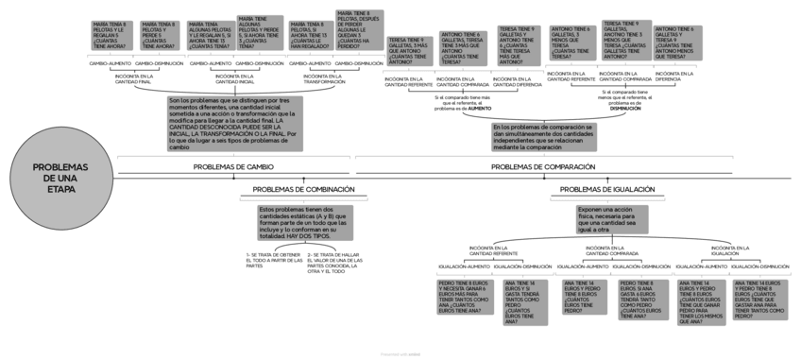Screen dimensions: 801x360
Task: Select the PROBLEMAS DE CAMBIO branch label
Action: pos(233,167)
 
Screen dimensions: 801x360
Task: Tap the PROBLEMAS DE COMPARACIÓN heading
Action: pos(543,167)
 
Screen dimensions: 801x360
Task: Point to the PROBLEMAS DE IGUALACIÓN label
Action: pos(602,189)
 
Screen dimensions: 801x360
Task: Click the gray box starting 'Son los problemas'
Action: pos(234,123)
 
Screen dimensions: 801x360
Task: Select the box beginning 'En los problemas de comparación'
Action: pos(543,138)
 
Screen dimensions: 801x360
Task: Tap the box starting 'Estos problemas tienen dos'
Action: pos(304,223)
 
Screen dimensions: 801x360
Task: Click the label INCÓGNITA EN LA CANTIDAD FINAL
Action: pos(133,79)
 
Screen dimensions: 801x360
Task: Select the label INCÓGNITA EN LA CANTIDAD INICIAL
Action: pos(233,79)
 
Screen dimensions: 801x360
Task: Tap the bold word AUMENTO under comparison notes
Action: pos(479,109)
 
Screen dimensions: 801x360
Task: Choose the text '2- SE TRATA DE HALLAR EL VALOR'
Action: pos(332,263)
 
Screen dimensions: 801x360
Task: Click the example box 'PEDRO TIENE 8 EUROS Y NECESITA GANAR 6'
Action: pos(466,297)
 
